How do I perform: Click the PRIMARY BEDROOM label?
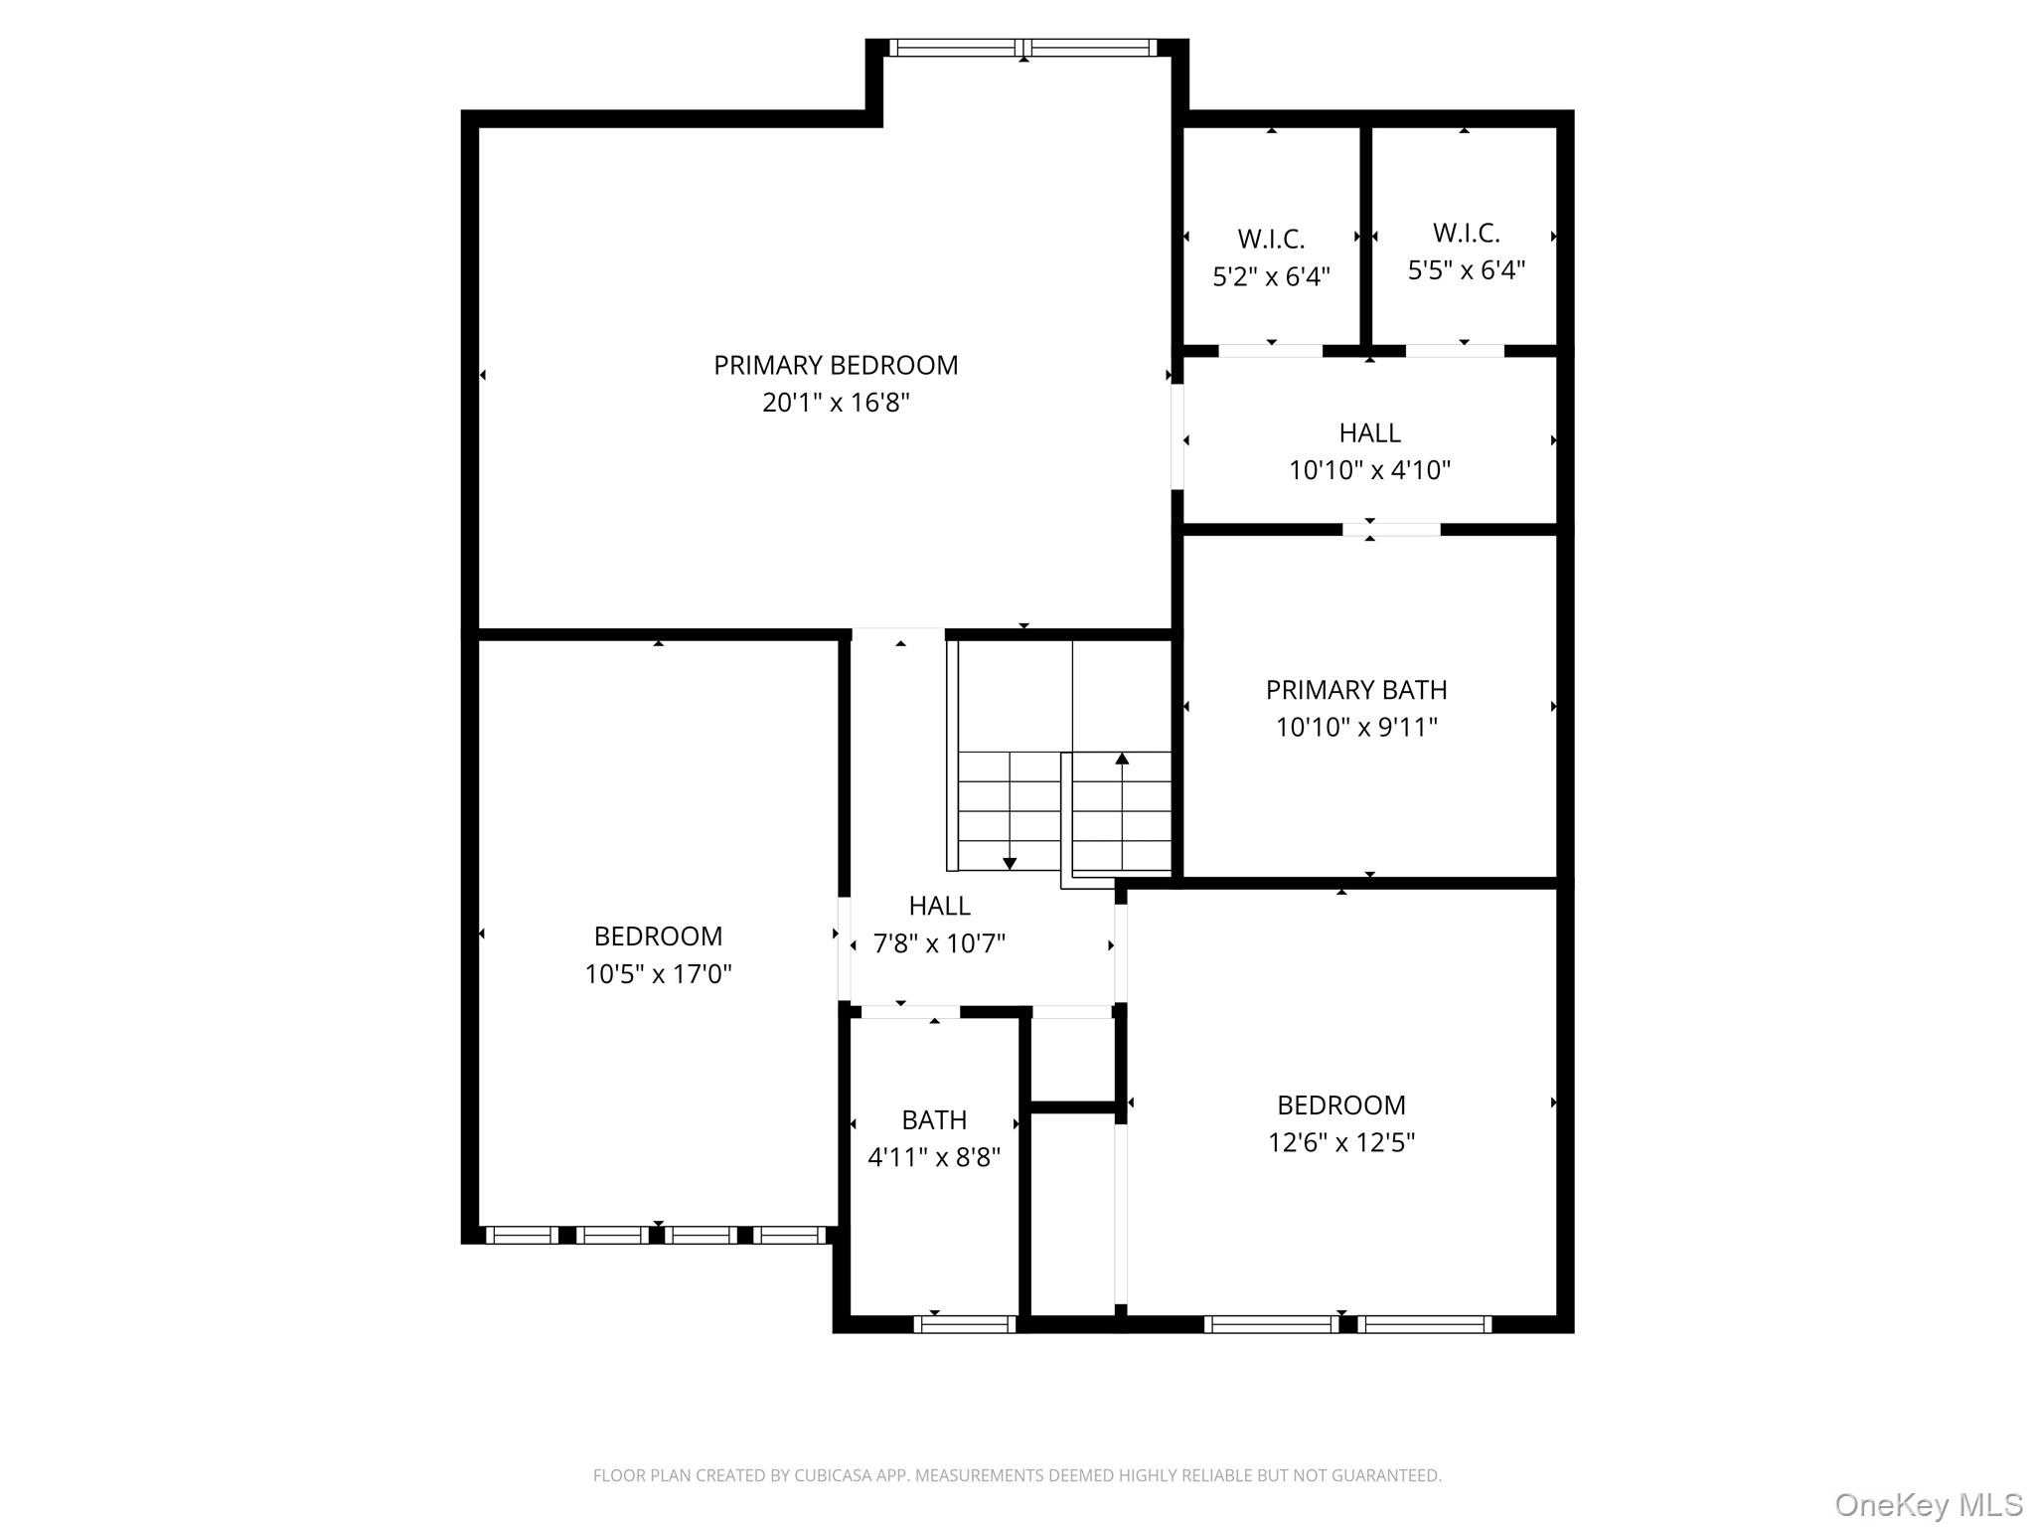tap(836, 365)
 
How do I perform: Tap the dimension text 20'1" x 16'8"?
tap(836, 403)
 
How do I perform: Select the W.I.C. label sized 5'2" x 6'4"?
tap(1271, 239)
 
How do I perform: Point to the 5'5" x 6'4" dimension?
tap(1466, 270)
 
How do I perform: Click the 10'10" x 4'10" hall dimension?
tap(1369, 470)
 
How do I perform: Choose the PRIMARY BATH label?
tap(1356, 690)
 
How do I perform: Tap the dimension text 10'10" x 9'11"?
tap(1356, 728)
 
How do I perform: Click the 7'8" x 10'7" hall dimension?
tap(939, 943)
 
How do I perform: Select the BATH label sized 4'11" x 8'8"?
tap(934, 1120)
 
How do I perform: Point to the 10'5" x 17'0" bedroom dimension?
tap(658, 974)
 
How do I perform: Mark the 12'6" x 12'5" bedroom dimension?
tap(1340, 1143)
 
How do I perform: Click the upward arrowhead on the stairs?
tap(1122, 759)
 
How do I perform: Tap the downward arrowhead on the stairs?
tap(1010, 864)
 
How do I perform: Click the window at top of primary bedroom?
tap(1023, 47)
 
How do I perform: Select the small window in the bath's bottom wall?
tap(964, 1324)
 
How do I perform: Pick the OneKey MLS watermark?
tap(1929, 1504)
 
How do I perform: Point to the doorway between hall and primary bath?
tap(1391, 530)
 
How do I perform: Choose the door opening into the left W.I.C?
tap(1271, 351)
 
